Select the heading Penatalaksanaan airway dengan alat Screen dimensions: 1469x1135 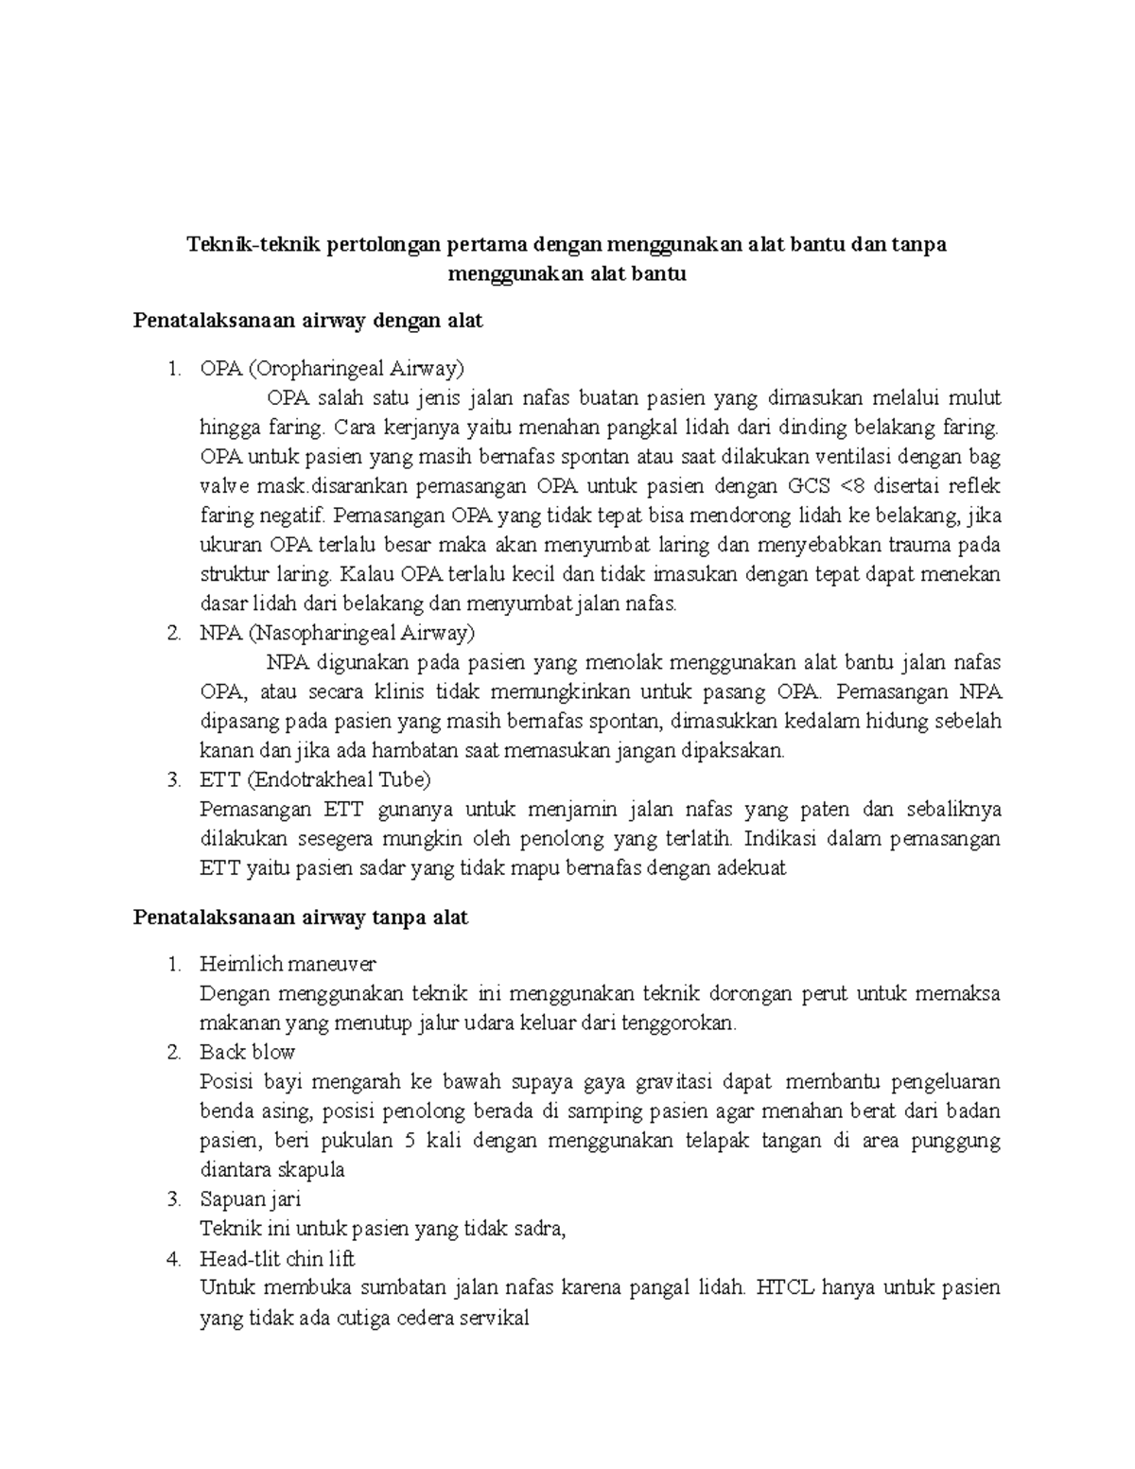308,321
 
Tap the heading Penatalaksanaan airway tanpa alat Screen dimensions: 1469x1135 301,918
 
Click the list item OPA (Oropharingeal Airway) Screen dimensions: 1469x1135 332,367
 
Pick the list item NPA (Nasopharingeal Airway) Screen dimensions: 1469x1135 338,632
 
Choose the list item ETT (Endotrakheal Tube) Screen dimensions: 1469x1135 315,779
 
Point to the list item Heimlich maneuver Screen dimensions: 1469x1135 288,964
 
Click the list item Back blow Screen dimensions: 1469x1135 248,1052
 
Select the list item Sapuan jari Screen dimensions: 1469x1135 251,1199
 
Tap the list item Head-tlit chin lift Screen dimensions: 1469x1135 277,1259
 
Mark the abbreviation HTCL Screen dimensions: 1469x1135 786,1287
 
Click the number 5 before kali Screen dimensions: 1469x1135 409,1140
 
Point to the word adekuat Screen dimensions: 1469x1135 752,867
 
